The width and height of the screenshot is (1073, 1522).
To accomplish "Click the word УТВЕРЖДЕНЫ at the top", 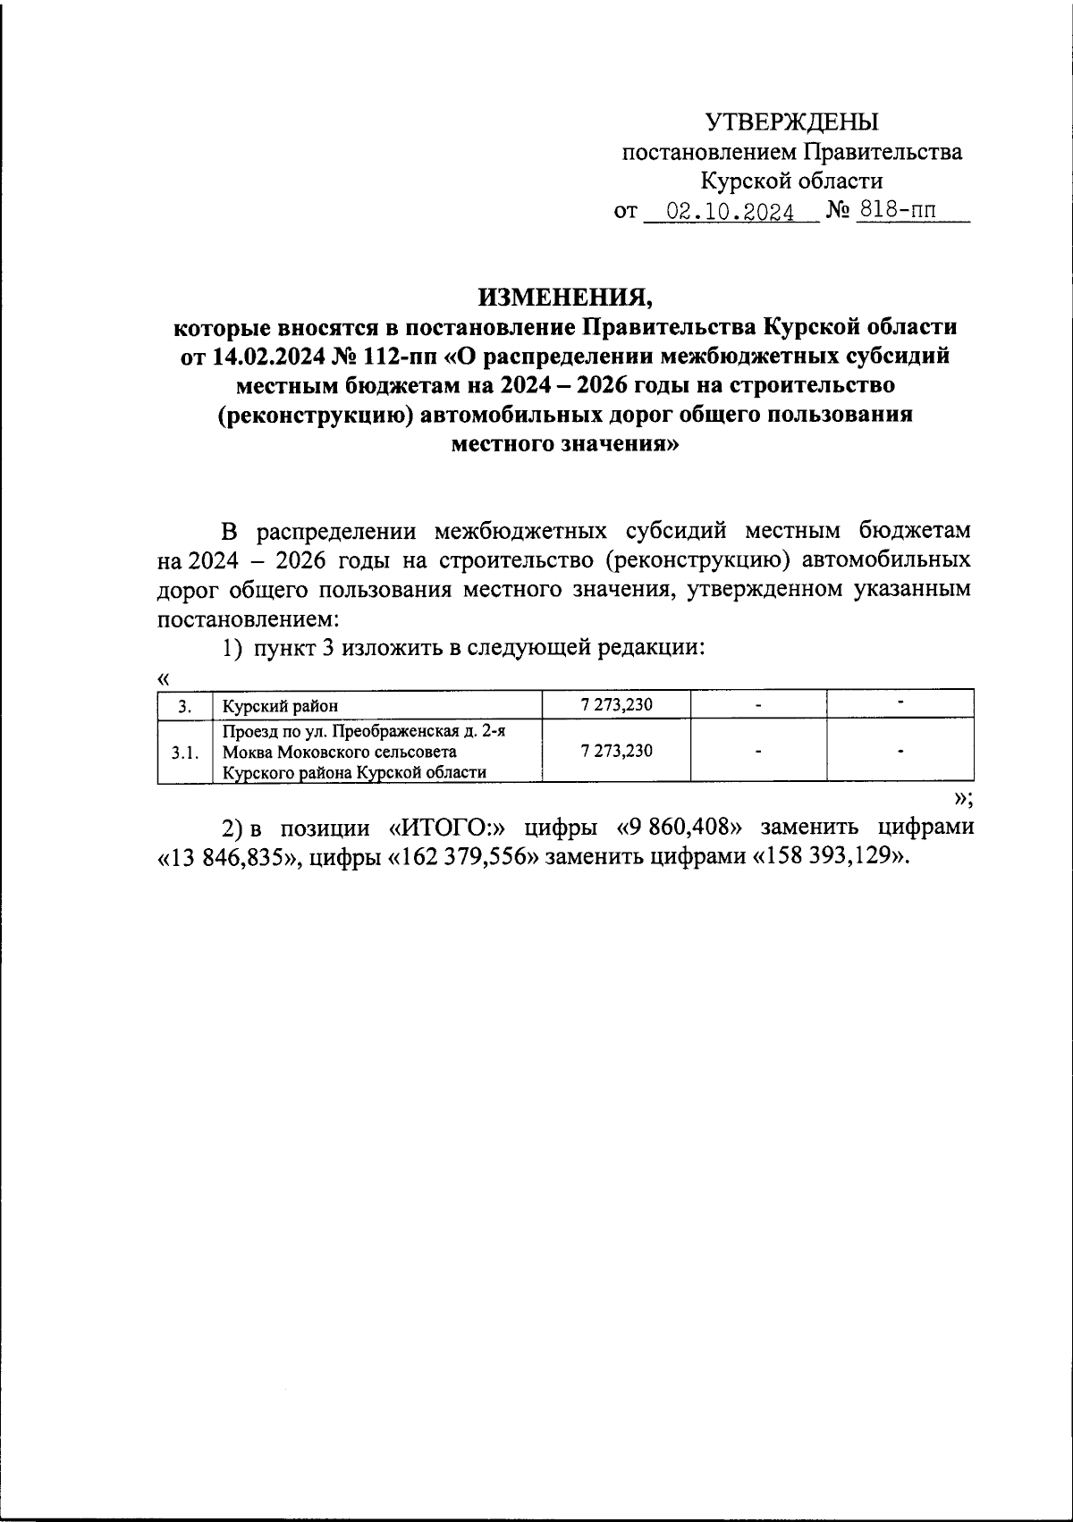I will (792, 122).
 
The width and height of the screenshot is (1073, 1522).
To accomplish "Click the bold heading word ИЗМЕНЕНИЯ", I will (563, 296).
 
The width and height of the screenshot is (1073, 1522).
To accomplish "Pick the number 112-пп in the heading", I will (395, 356).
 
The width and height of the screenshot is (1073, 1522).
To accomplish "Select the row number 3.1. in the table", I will (184, 752).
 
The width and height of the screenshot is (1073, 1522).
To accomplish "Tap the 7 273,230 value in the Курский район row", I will (616, 704).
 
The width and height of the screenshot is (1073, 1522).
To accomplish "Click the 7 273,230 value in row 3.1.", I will (616, 751).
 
